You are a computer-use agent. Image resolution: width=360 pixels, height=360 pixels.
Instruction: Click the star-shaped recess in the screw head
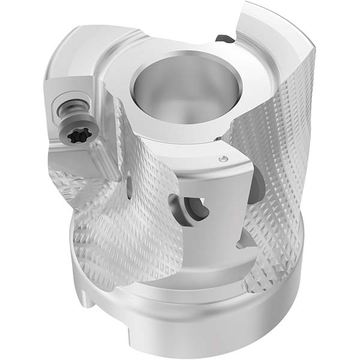pyautogui.click(x=78, y=136)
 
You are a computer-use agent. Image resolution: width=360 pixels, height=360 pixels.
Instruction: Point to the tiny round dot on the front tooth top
pyautogui.click(x=224, y=159)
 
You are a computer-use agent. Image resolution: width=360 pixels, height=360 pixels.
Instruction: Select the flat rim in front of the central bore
pyautogui.click(x=180, y=129)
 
